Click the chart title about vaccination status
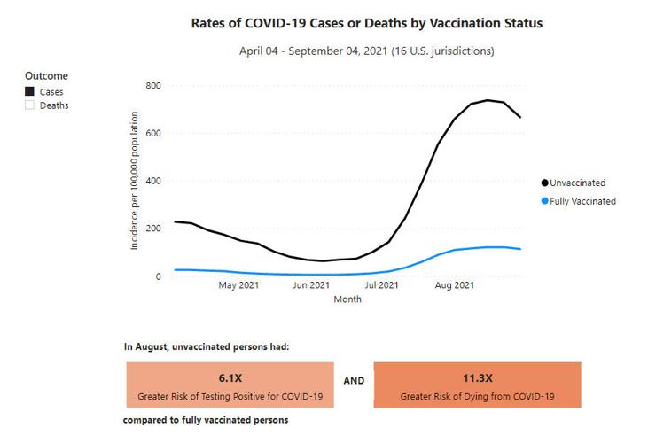[367, 23]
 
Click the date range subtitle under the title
[367, 51]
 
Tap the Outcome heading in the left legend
[46, 76]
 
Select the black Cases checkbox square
[29, 91]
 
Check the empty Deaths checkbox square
[29, 105]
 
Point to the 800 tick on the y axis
[152, 86]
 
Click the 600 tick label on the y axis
[152, 134]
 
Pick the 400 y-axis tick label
[152, 182]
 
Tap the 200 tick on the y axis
[152, 229]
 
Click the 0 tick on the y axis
[158, 276]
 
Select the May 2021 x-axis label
[239, 286]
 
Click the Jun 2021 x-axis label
[312, 286]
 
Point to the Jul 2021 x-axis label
[382, 286]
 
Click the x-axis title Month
[347, 299]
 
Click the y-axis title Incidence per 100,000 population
[135, 181]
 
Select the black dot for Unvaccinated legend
[544, 183]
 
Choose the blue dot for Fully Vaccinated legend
[544, 201]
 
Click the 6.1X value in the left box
[230, 378]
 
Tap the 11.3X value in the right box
[477, 378]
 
